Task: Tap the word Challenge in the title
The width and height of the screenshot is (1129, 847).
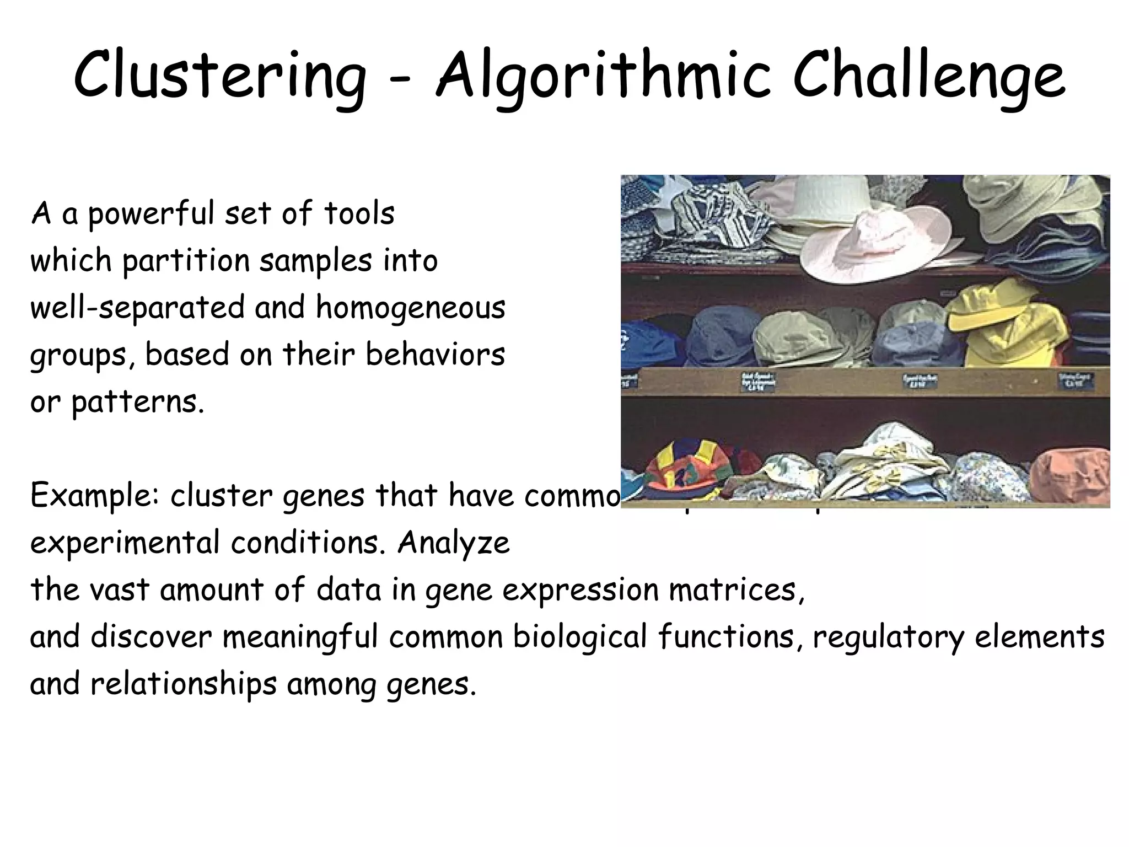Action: coord(928,77)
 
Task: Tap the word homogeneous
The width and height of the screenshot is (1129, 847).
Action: coord(410,308)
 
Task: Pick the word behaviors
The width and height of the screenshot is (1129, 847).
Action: coord(435,354)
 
